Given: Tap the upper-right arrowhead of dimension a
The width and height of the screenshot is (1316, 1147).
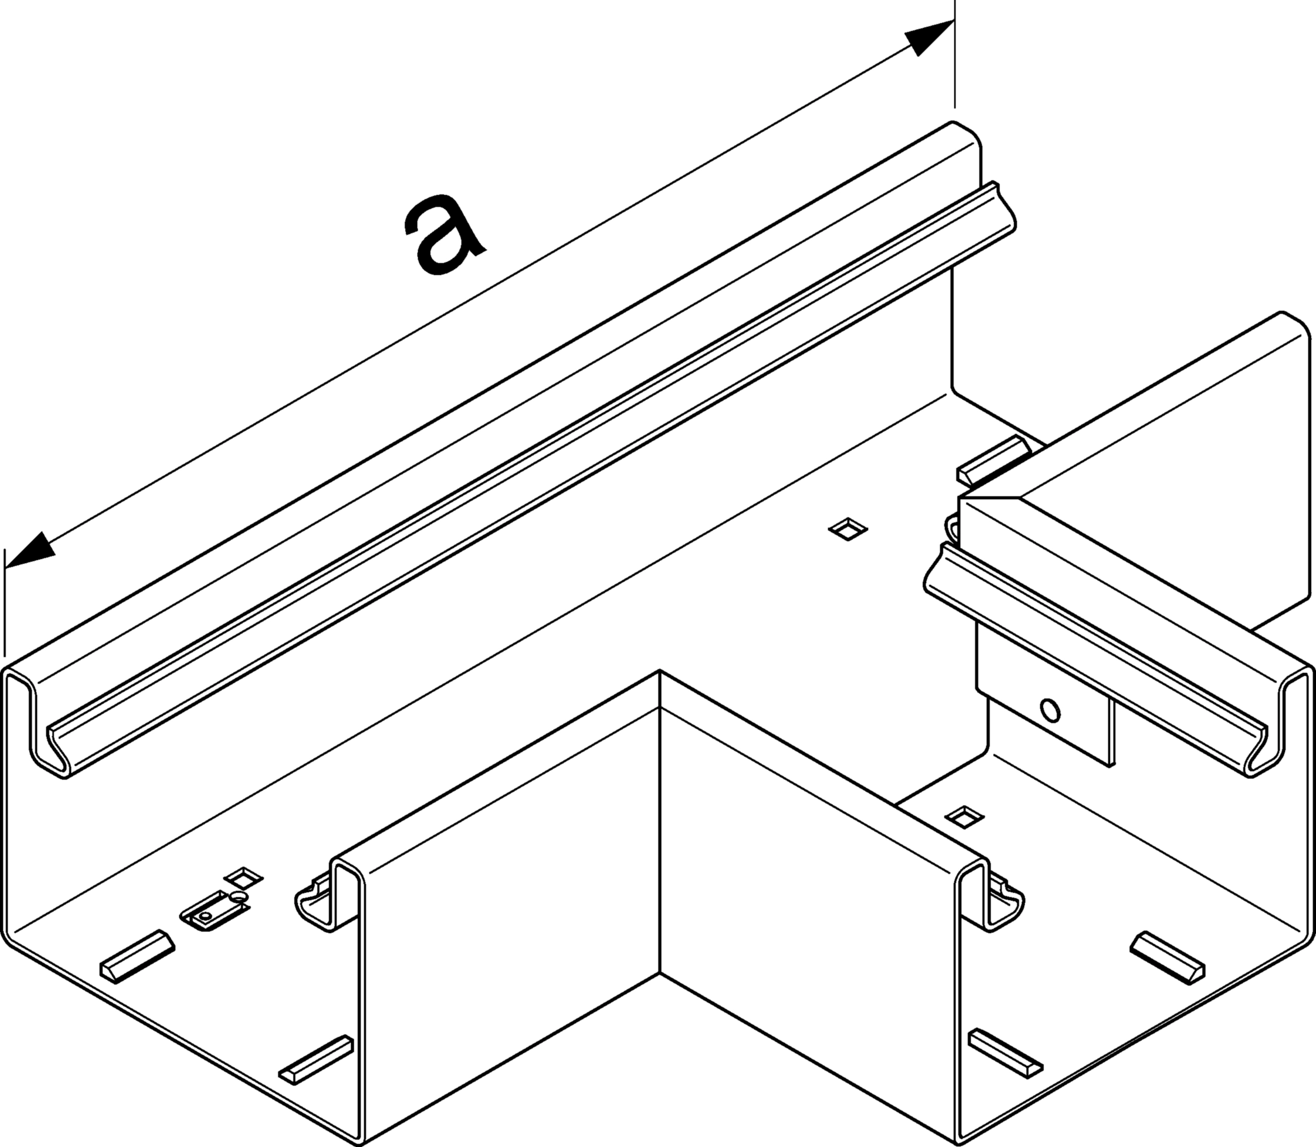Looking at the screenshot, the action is (929, 37).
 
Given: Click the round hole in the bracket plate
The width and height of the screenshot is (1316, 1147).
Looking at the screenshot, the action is (1050, 710).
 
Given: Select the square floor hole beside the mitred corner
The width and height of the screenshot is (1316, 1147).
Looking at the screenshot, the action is (847, 530).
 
